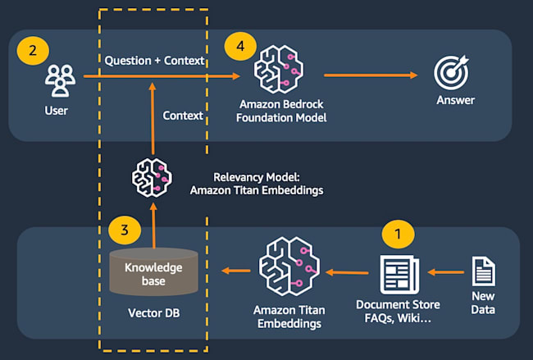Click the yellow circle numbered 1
[x=399, y=234]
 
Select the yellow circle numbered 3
[x=125, y=230]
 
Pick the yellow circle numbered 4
[x=240, y=48]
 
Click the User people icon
[x=57, y=82]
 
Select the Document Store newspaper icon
[x=399, y=274]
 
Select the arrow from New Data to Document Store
[x=446, y=272]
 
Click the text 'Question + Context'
[x=154, y=61]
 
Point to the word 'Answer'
[x=455, y=101]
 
